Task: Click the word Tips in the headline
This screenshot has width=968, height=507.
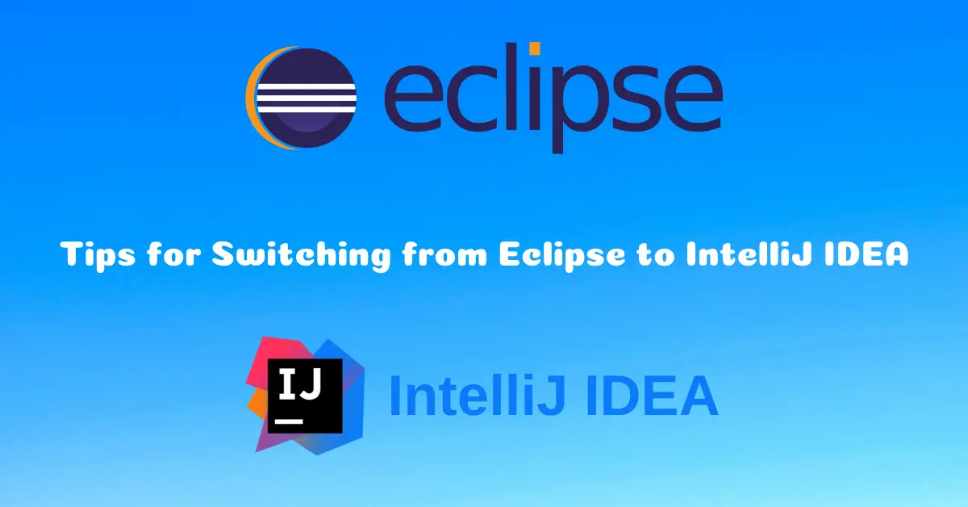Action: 98,255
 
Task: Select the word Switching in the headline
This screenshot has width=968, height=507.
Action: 301,255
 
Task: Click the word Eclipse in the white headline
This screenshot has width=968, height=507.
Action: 562,255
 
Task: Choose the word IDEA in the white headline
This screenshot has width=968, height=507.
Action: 866,254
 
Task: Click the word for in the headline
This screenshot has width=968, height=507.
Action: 174,254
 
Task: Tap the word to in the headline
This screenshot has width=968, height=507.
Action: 656,255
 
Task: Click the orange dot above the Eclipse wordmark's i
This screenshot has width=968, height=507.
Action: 535,48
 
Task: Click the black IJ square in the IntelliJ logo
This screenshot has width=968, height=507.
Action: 305,396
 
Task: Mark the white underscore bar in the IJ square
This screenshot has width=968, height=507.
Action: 289,421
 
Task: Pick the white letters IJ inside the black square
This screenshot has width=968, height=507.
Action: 300,383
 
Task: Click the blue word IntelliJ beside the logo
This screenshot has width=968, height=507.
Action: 478,396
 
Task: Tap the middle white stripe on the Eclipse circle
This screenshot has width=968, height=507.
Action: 307,98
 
